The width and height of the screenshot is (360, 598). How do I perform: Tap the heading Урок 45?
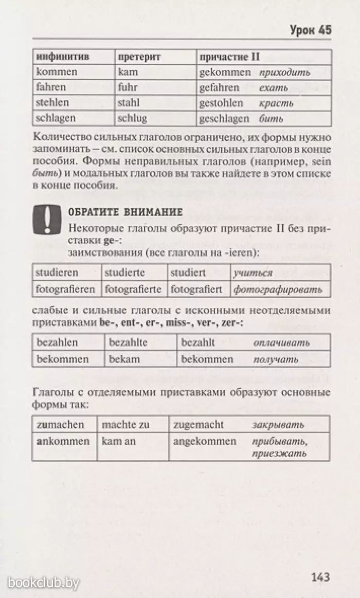(x=311, y=30)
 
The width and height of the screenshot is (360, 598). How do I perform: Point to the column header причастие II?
(x=229, y=57)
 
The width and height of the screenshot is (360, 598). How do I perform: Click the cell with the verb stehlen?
(x=52, y=103)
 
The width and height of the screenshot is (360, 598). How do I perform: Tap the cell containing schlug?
(x=132, y=118)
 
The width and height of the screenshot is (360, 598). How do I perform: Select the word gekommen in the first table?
(x=225, y=73)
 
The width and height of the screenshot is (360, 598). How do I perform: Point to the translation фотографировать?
(x=278, y=289)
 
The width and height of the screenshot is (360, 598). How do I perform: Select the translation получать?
(x=276, y=359)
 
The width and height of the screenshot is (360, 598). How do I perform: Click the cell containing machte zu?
(x=125, y=425)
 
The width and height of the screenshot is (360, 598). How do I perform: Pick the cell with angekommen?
(x=205, y=441)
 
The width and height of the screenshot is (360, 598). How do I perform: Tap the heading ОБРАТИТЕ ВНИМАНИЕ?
(x=125, y=212)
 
